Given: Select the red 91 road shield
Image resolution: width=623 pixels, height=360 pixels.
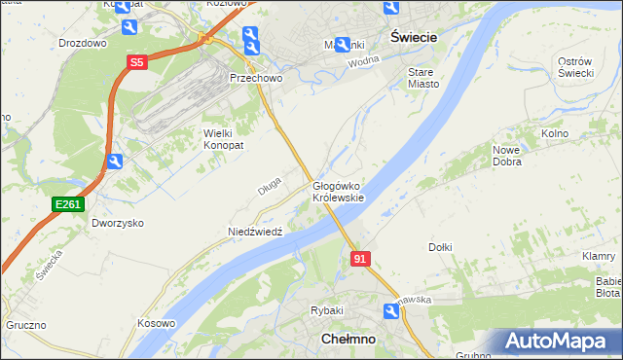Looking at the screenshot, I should tap(360, 259).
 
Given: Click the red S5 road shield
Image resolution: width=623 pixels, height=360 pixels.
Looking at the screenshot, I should tap(137, 62).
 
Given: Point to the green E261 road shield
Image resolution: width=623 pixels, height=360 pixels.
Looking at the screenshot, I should tap(68, 203).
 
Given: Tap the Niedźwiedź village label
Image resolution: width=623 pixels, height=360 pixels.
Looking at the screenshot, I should tap(254, 233).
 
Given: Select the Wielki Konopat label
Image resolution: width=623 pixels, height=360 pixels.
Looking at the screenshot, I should tap(222, 138).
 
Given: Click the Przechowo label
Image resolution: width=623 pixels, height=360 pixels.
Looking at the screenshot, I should tap(255, 78).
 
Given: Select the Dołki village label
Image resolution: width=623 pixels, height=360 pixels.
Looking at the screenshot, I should tap(440, 247).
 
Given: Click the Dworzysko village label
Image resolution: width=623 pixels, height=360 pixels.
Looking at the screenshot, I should tap(118, 223).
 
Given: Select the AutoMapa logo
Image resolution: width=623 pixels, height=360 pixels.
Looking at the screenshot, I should tap(556, 341).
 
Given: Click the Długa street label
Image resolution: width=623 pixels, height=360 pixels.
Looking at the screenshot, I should tap(270, 184).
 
